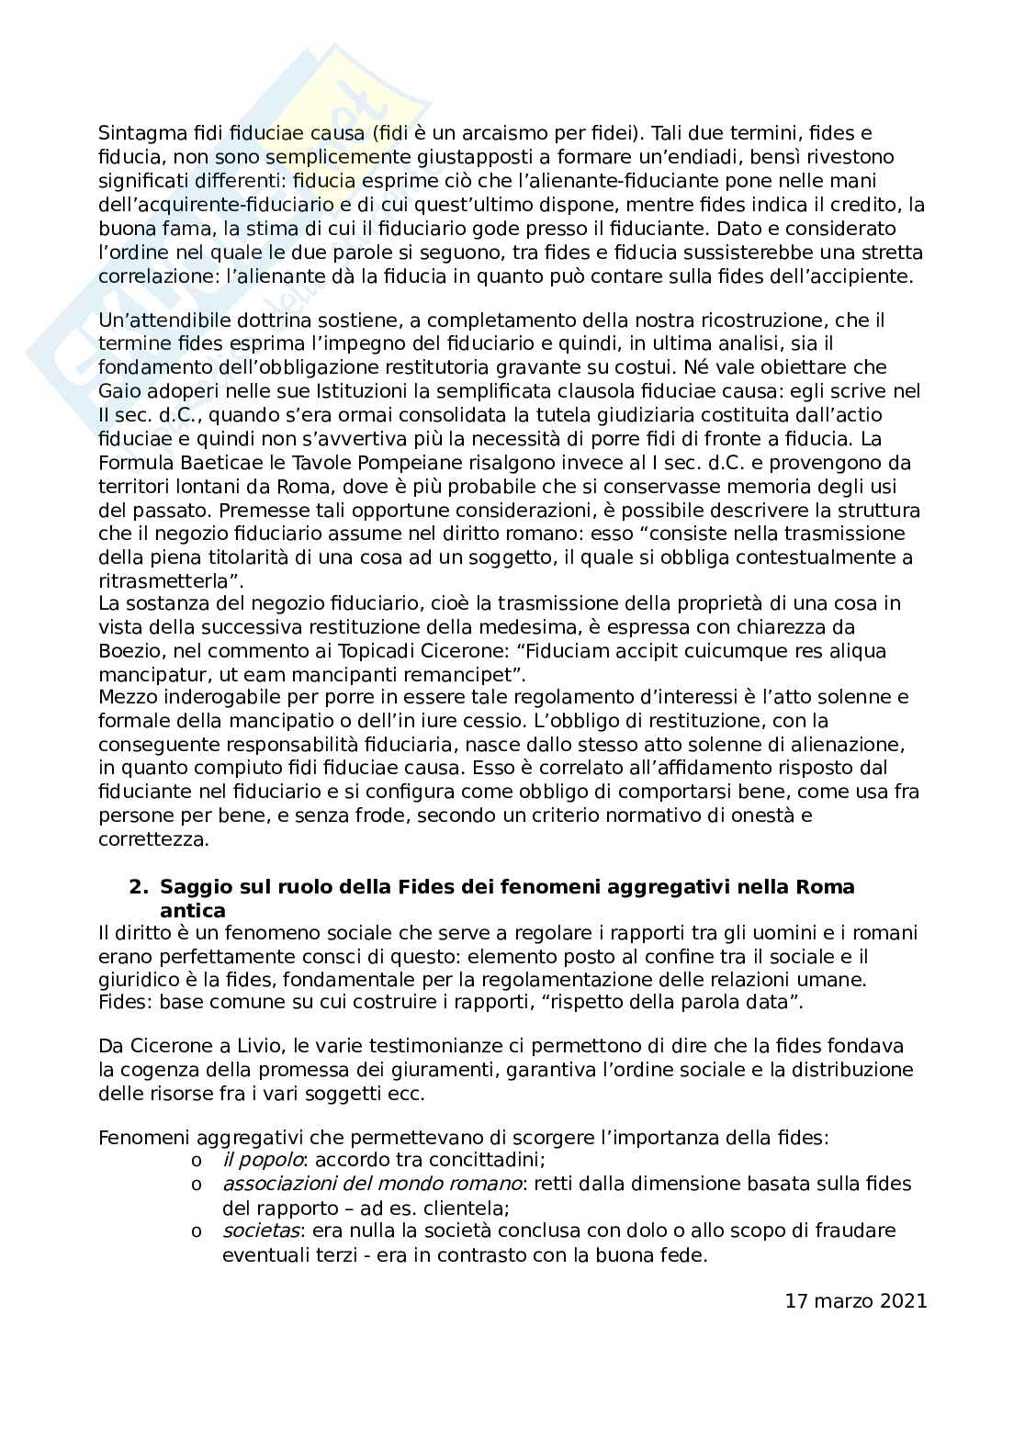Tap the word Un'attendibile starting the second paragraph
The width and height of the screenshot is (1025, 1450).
pos(157,320)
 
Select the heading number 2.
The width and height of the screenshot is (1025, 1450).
pos(138,888)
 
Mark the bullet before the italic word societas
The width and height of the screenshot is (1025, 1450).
pos(195,1231)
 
